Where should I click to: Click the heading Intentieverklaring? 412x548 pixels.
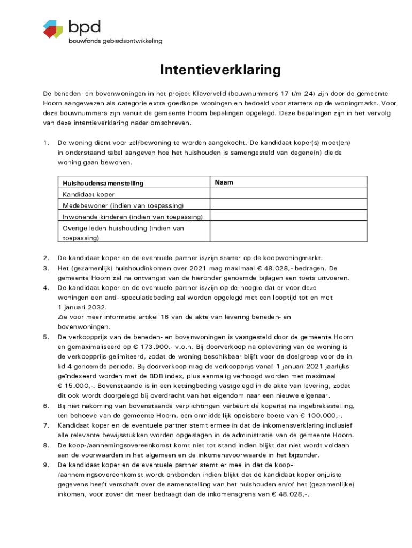[219, 70]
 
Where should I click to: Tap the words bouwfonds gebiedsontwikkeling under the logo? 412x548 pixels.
[115, 41]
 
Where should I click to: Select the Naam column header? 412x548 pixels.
[224, 182]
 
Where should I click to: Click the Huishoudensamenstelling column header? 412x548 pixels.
[103, 183]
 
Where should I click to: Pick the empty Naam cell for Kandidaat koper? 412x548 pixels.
[288, 194]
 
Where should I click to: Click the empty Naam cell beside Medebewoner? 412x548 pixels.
[288, 205]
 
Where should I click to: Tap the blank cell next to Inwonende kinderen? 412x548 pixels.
[288, 217]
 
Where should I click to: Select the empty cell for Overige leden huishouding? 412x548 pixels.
[288, 233]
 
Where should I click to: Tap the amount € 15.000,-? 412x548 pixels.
[78, 385]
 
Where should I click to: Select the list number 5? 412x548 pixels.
[46, 337]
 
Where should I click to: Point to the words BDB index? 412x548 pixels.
[170, 376]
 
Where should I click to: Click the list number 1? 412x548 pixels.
[46, 143]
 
